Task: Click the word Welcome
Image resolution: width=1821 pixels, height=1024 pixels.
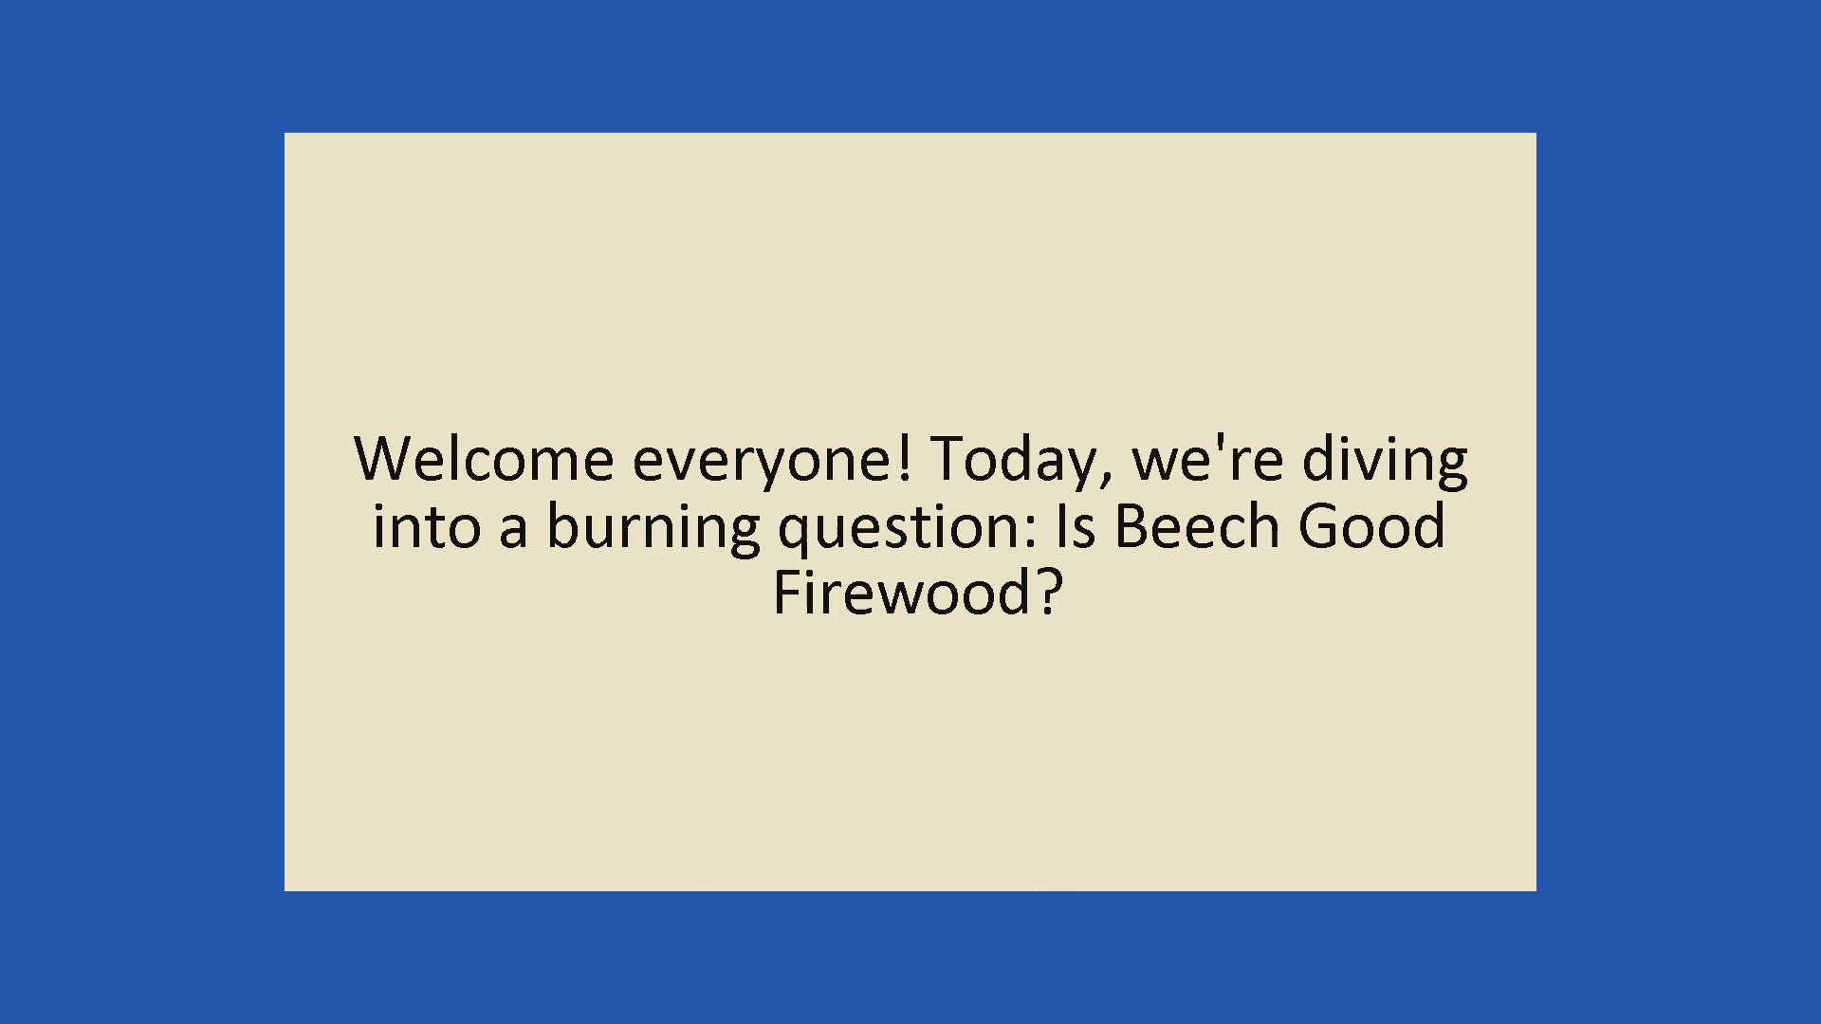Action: click(x=484, y=459)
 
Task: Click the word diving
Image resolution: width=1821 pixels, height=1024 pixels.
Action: click(x=1385, y=463)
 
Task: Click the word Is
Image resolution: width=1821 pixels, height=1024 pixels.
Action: click(x=1076, y=526)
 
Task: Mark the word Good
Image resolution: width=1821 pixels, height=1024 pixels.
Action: click(x=1371, y=526)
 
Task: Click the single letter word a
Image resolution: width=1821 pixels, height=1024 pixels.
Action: click(x=512, y=533)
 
